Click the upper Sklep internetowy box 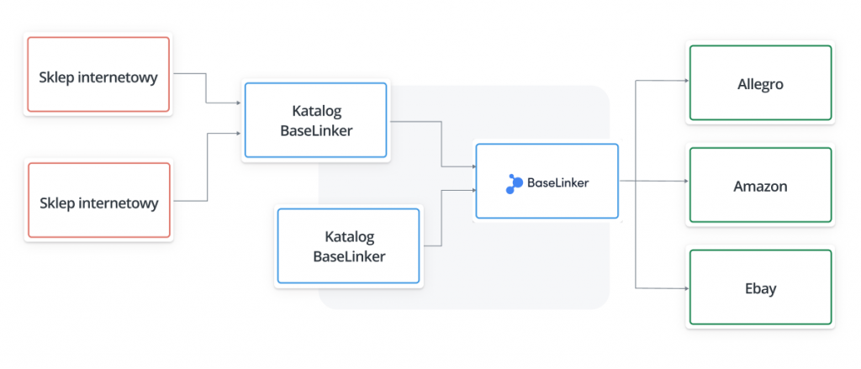point(98,75)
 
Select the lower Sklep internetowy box point(99,200)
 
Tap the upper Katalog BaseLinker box point(316,120)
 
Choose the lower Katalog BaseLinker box point(349,246)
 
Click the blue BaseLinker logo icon point(515,183)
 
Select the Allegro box point(760,82)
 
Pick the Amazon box point(760,185)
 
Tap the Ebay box point(760,287)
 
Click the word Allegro point(760,85)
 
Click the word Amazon point(760,186)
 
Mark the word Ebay point(760,289)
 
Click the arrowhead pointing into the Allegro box point(686,81)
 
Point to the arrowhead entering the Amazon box point(686,181)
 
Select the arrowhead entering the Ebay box point(686,287)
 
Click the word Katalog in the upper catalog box point(316,111)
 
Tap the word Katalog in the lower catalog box point(349,237)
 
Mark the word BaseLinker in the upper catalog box point(316,130)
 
